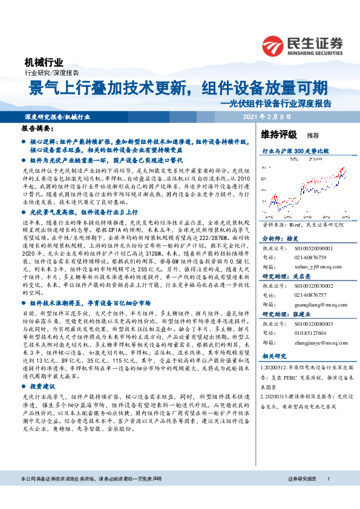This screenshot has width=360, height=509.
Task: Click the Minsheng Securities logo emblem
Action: (272, 45)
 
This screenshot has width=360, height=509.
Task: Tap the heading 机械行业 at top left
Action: (44, 62)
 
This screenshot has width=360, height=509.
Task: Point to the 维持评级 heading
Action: (280, 134)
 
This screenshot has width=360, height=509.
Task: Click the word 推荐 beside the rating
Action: (313, 135)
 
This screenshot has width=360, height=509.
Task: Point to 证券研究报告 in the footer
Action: (301, 495)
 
